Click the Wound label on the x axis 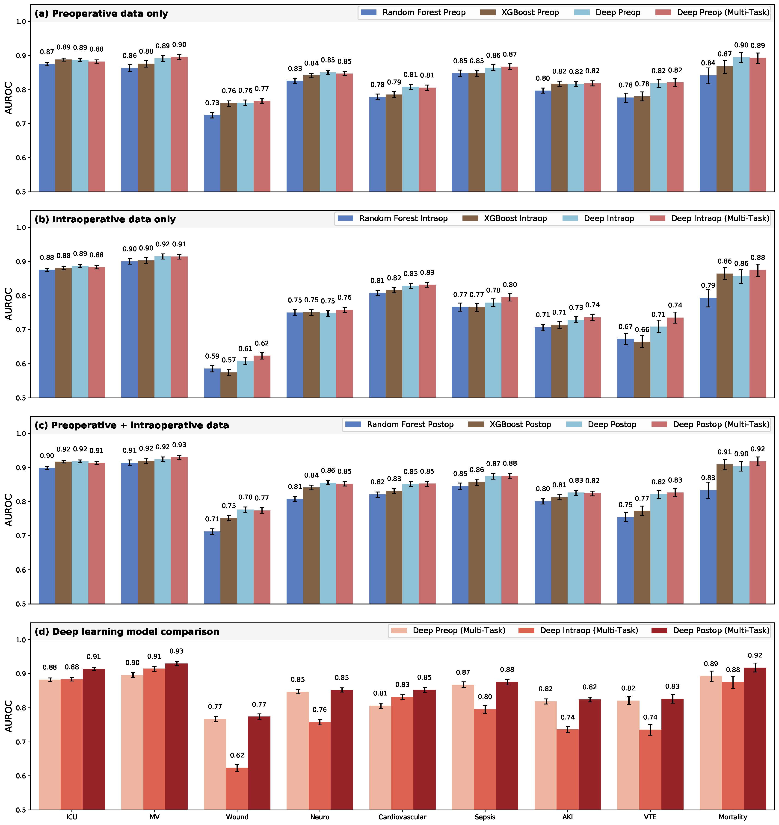(x=237, y=817)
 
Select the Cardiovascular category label (x=402, y=817)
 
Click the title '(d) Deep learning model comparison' (x=127, y=632)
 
